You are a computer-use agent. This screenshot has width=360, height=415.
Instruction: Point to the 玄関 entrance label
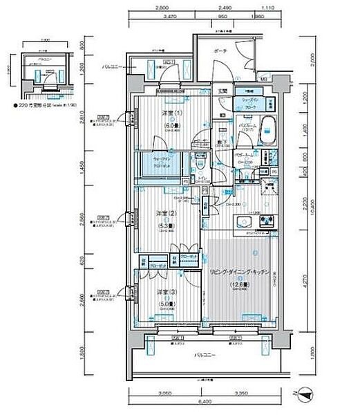pos(223,91)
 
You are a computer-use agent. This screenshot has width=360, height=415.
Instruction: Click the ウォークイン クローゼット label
pos(155,166)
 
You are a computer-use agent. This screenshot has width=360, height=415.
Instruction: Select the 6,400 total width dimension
pos(202,401)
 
